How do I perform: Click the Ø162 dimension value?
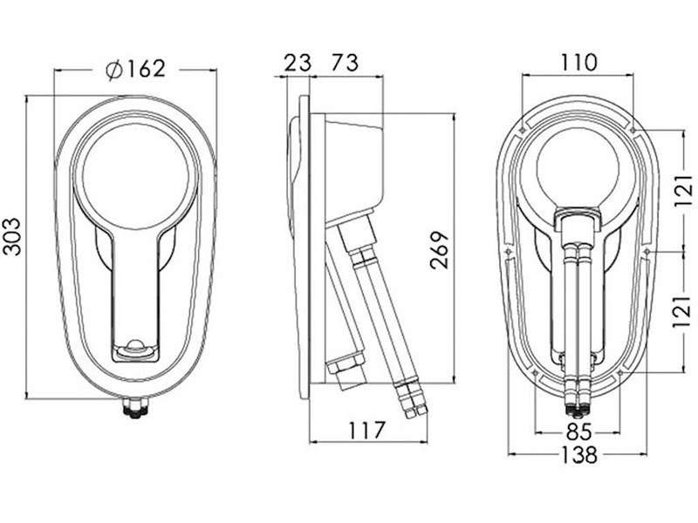point(136,69)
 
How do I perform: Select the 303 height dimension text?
point(12,236)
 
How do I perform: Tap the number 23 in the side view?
point(298,63)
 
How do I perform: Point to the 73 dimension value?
point(346,63)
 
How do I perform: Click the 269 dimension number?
point(440,249)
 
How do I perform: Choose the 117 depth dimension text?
point(366,430)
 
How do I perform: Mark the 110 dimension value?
point(578,63)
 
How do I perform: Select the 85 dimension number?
point(578,431)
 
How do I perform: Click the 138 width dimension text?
point(578,454)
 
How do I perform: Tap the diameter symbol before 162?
point(114,70)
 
